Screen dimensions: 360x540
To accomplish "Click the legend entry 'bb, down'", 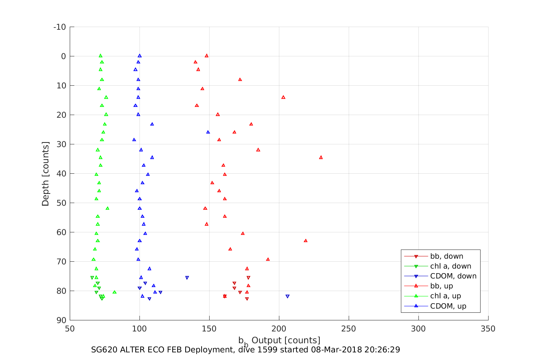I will pos(447,256).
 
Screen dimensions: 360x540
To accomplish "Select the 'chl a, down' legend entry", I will pos(450,266).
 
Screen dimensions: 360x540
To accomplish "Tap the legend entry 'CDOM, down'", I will pos(453,276).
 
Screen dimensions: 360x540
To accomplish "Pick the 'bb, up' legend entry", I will pos(441,286).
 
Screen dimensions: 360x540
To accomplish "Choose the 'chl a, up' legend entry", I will pos(445,296).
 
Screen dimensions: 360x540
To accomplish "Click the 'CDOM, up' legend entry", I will pos(448,306).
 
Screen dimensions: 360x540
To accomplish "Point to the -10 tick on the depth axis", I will pos(59,27).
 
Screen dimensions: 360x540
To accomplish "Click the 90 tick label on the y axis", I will pos(61,320).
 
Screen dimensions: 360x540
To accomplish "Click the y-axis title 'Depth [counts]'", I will pos(46,174).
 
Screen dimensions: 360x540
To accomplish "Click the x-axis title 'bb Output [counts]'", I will pos(279,341).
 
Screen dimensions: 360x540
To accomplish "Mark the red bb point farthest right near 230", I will pos(321,157).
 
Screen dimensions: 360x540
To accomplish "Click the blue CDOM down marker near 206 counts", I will pos(287,296).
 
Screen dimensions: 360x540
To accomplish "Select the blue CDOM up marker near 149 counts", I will pos(208,132).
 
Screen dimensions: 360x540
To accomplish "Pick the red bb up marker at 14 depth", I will pos(283,97).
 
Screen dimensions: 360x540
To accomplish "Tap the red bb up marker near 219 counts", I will pos(306,241).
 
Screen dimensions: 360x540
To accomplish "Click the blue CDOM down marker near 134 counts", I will pos(187,278).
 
